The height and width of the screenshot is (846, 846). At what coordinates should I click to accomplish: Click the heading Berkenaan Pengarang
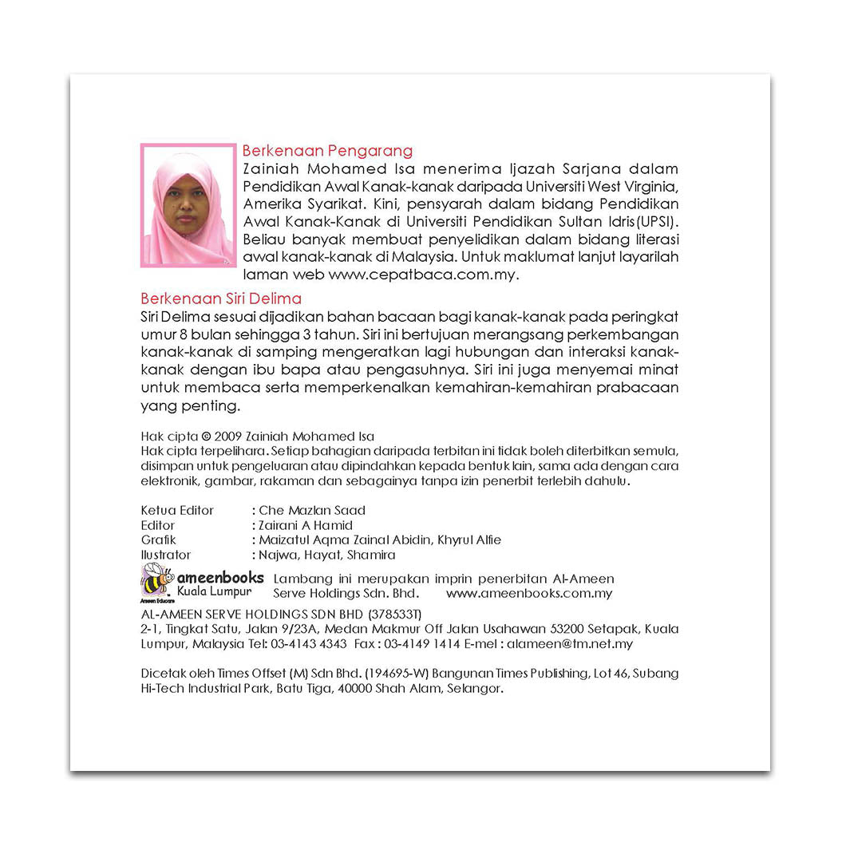point(327,150)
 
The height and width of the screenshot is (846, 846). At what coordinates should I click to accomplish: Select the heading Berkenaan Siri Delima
point(221,298)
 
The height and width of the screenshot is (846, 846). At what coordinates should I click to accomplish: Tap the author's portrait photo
point(188,205)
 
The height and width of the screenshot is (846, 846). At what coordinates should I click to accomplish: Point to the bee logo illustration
point(157,579)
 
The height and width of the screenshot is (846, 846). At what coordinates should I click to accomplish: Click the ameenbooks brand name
point(220,577)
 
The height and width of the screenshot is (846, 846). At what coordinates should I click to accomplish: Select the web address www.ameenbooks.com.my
point(529,593)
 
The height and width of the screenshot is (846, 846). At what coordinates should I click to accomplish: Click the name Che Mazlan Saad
point(312,510)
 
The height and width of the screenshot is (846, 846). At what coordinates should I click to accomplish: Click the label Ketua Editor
point(177,510)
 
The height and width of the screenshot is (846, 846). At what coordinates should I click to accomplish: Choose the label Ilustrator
point(166,555)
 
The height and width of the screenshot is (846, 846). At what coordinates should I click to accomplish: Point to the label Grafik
point(158,540)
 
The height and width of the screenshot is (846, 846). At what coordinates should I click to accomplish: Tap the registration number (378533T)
point(393,614)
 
